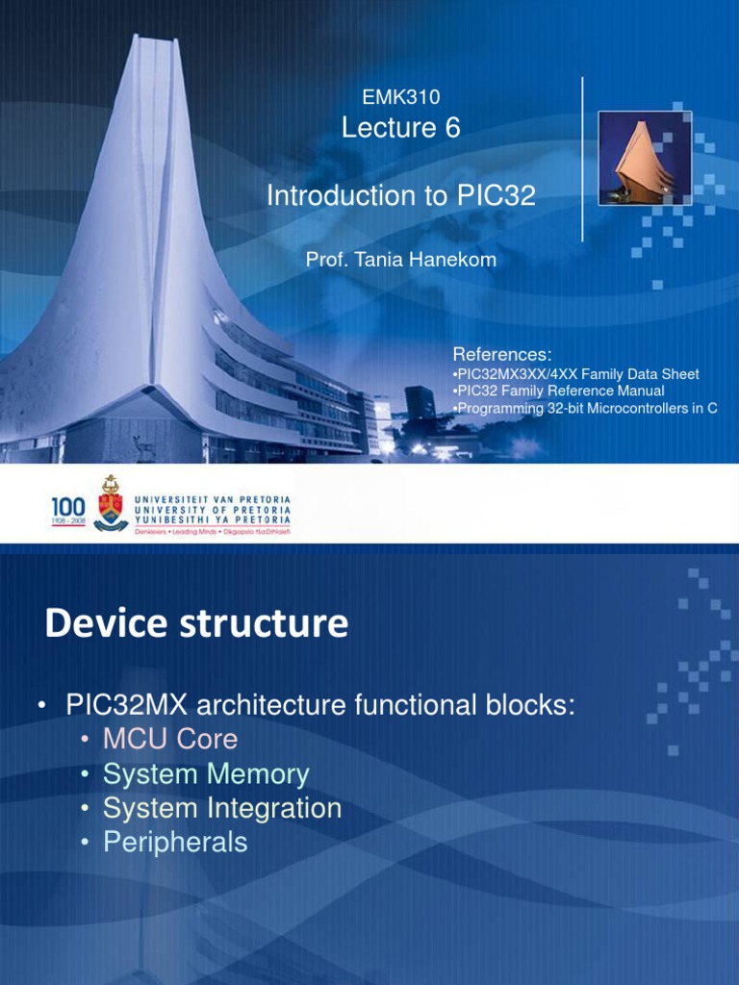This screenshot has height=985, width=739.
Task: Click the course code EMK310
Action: (x=400, y=96)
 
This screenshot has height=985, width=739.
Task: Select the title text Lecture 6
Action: (x=400, y=127)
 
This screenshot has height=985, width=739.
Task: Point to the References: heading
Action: (x=501, y=355)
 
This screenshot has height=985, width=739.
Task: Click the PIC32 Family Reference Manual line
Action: (x=560, y=391)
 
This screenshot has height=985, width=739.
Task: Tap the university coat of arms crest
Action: (x=111, y=502)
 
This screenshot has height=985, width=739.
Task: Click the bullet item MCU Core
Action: (x=170, y=740)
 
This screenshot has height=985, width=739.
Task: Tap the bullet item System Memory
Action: (x=206, y=774)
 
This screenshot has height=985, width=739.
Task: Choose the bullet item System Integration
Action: (x=222, y=808)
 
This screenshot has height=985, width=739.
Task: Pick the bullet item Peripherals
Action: (x=175, y=843)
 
